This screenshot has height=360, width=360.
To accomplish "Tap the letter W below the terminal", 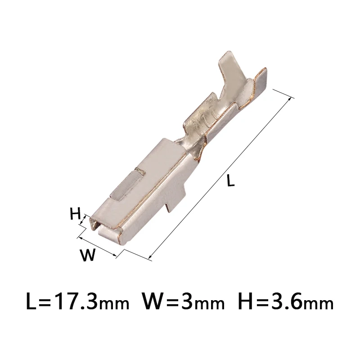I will pos(88,255).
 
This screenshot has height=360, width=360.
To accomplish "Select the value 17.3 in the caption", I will pos(74,301).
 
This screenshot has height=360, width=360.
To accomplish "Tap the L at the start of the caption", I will pos(32,301).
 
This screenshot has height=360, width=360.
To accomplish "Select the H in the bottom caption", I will pos(246,301).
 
